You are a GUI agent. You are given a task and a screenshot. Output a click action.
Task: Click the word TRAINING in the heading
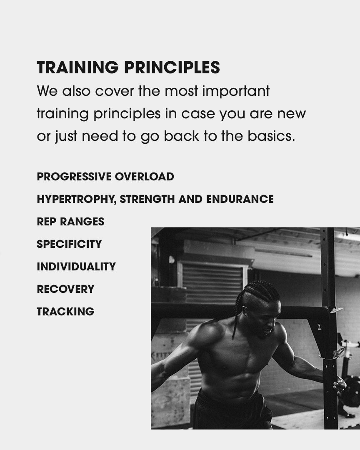tap(77, 67)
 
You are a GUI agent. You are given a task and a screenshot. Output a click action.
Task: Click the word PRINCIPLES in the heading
tap(172, 67)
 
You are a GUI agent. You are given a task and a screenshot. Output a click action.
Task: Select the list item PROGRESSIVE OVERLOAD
tap(105, 177)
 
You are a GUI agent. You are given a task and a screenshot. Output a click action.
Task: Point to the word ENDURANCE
tap(240, 199)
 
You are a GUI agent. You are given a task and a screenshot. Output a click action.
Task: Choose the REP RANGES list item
tap(70, 222)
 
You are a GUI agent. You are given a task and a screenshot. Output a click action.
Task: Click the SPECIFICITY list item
tap(69, 244)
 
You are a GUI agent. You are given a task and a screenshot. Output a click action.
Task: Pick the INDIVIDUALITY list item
tap(76, 267)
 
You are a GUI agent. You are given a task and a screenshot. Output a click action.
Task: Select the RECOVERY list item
tap(65, 289)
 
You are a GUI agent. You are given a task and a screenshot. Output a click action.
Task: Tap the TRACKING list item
tap(65, 311)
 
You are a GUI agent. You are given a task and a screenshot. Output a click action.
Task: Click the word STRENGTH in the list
tap(147, 199)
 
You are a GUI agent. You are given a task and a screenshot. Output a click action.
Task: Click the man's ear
tap(245, 310)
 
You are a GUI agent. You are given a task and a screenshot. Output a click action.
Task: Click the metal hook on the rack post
tap(336, 310)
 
